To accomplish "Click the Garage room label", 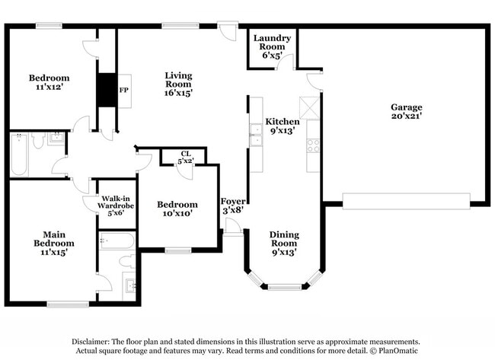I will (x=407, y=112).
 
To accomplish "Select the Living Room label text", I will (x=179, y=84).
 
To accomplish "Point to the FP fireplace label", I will (x=123, y=90).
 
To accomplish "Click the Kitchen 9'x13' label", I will (x=282, y=126).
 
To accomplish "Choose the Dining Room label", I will (x=283, y=243).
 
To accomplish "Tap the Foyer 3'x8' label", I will (x=232, y=206).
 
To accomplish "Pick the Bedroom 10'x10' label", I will (x=177, y=209).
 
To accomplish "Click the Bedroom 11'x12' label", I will (x=49, y=82).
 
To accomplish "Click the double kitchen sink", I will (x=257, y=135).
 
